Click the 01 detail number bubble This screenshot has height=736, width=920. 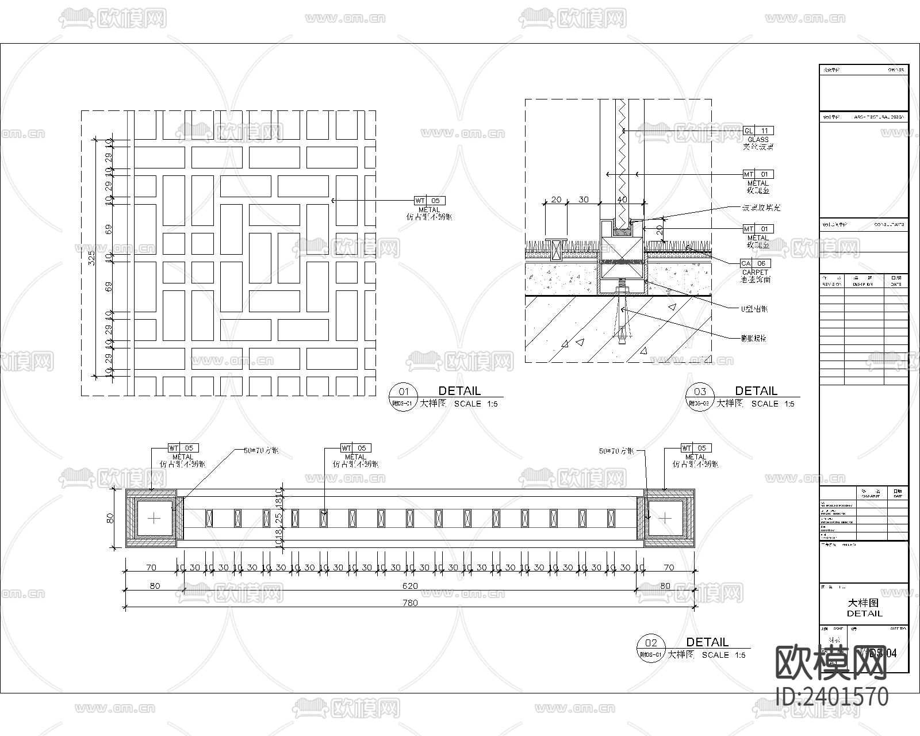[x=403, y=392]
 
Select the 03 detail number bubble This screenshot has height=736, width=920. [x=700, y=392]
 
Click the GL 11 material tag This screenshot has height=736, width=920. [x=758, y=131]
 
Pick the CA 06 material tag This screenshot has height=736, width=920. [x=754, y=263]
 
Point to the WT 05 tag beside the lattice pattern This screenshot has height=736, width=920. [x=430, y=201]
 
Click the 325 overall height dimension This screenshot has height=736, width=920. [x=91, y=259]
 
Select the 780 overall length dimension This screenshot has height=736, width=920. [x=410, y=603]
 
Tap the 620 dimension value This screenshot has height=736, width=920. [x=410, y=586]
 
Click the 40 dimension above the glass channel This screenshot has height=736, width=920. [x=622, y=200]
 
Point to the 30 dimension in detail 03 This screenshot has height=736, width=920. [x=584, y=200]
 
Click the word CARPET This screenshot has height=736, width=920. [x=755, y=273]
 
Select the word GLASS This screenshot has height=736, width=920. [x=758, y=140]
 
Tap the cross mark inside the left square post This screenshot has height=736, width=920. [x=154, y=518]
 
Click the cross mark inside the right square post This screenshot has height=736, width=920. [x=665, y=518]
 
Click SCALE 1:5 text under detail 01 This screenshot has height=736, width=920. [x=476, y=404]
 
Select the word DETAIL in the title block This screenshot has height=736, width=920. [x=864, y=614]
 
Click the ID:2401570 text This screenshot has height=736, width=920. [x=832, y=697]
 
